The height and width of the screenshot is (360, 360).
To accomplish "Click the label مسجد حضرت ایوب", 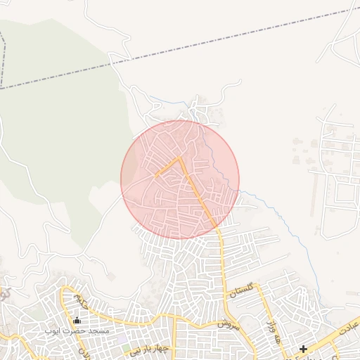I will [x=77, y=330].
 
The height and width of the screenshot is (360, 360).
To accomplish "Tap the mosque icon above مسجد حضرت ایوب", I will [x=77, y=321].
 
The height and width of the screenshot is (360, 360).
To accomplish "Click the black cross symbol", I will [x=303, y=349].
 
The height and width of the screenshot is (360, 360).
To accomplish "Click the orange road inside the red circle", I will [x=198, y=190].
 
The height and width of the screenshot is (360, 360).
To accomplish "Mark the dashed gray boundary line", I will [x=211, y=41].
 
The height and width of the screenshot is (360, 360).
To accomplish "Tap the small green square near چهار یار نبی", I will [x=125, y=348].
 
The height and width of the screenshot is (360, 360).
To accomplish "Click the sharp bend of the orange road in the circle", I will [x=181, y=158].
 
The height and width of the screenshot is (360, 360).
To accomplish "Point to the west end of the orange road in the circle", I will [x=156, y=172].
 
